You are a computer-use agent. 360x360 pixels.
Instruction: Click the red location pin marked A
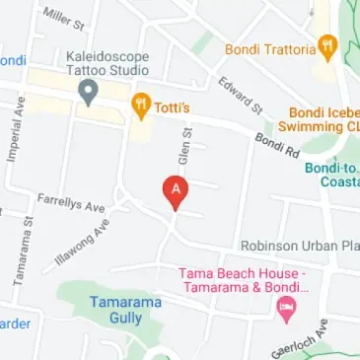[x=176, y=190]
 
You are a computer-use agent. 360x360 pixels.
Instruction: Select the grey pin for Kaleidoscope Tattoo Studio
[x=87, y=94]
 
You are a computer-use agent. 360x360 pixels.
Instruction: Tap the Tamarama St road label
[x=25, y=252]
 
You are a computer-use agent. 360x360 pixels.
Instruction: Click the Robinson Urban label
[x=300, y=245]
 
